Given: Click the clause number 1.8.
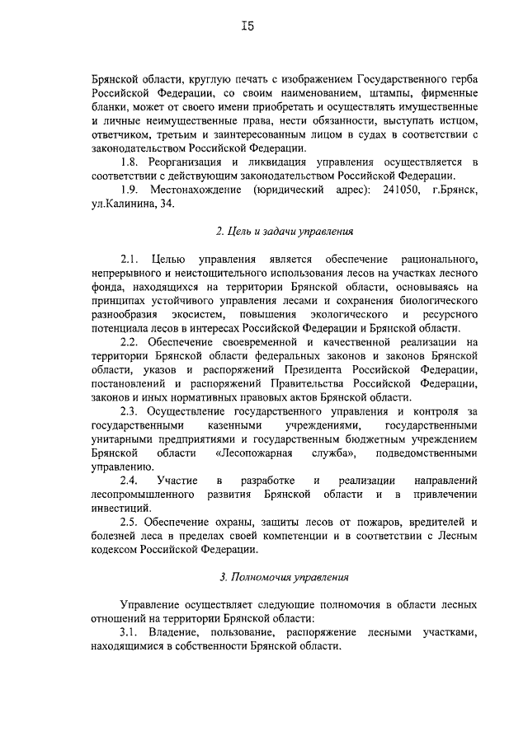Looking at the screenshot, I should [130, 162].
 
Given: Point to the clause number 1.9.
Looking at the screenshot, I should [130, 190].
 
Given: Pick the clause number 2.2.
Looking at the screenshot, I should [130, 341].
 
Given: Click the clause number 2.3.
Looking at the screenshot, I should [130, 411].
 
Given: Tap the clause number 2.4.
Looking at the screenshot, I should [130, 480].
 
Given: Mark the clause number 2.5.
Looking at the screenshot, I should [130, 522].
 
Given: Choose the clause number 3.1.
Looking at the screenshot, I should [130, 632].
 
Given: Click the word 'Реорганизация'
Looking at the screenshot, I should [189, 162].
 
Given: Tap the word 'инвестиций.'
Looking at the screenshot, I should [120, 508].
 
